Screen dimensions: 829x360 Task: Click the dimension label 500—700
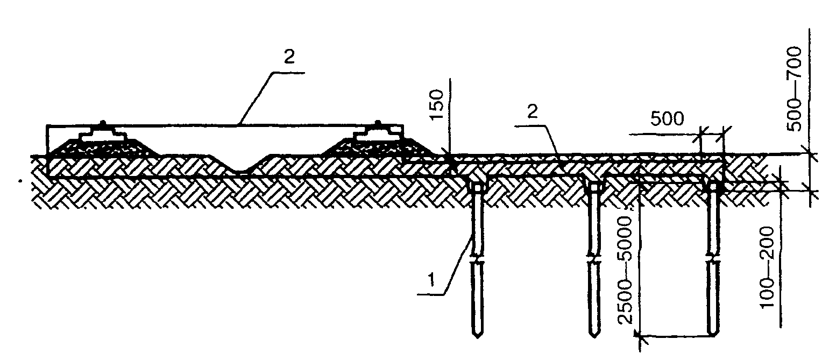point(795,89)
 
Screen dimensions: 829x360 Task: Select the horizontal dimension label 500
point(667,119)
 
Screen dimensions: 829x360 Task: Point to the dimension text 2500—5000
point(626,270)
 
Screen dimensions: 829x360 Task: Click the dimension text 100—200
point(767,267)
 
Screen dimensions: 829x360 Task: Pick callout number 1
point(431,280)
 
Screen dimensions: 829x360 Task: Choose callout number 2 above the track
point(289,57)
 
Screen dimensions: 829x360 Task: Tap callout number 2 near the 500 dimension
point(532,111)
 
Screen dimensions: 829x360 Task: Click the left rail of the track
point(104,132)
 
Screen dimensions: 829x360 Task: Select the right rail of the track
point(378,132)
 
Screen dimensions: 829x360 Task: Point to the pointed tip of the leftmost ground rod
point(477,336)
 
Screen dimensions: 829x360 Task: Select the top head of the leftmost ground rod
point(477,188)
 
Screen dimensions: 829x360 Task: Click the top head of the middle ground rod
point(594,188)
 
